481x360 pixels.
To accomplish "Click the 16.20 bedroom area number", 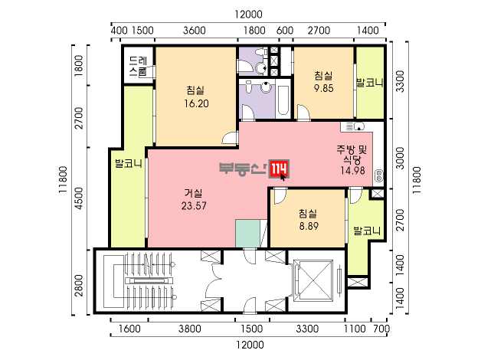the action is (196, 103).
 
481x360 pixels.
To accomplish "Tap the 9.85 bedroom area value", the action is (324, 88).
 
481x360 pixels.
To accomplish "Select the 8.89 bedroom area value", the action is (309, 226).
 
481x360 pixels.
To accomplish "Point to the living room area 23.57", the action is (194, 205).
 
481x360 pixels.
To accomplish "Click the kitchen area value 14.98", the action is (353, 171).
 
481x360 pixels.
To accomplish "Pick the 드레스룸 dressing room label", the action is (138, 66).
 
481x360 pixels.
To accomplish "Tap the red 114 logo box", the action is (279, 169).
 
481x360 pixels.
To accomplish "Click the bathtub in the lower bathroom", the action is (283, 100).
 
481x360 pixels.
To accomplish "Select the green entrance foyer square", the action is (247, 233).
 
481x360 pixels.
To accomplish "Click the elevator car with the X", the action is (313, 281).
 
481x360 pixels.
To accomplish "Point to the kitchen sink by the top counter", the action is (359, 126).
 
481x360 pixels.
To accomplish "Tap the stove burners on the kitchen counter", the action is (379, 176).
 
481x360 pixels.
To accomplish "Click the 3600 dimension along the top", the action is (195, 31).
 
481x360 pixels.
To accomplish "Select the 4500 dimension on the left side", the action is (79, 198).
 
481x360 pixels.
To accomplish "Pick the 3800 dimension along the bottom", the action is (190, 329).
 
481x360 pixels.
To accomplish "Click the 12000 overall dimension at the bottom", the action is (250, 345).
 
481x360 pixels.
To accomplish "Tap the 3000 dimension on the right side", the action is (400, 158).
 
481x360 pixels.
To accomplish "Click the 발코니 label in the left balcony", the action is (129, 163).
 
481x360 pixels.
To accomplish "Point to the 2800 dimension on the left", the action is (79, 286).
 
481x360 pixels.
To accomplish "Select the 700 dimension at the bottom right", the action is (381, 329).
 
